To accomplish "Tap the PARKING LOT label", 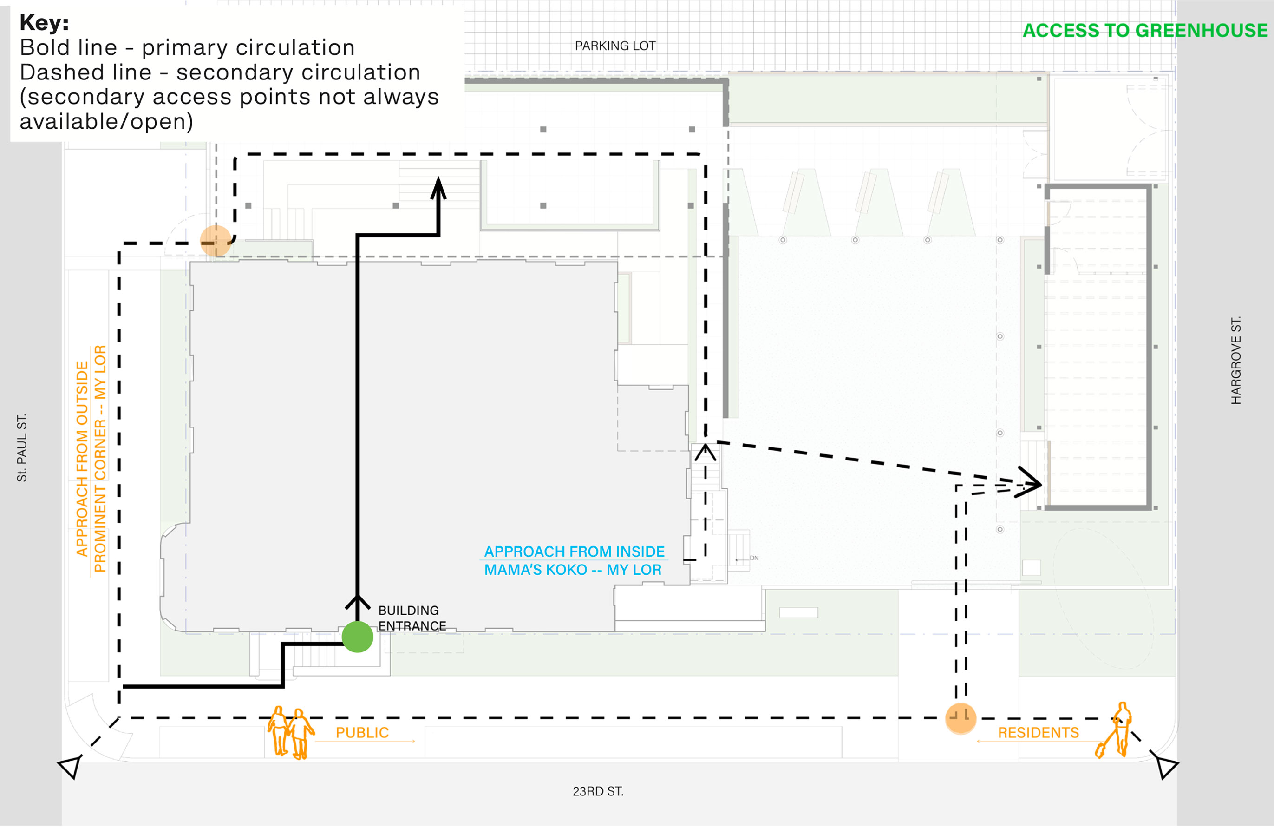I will (x=615, y=46).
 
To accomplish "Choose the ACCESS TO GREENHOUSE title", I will (x=1145, y=31).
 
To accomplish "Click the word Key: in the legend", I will (x=44, y=23).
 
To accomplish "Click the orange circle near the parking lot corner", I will (x=216, y=241).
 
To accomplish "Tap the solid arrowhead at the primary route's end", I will (x=438, y=189).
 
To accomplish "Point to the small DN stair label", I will (x=754, y=559).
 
